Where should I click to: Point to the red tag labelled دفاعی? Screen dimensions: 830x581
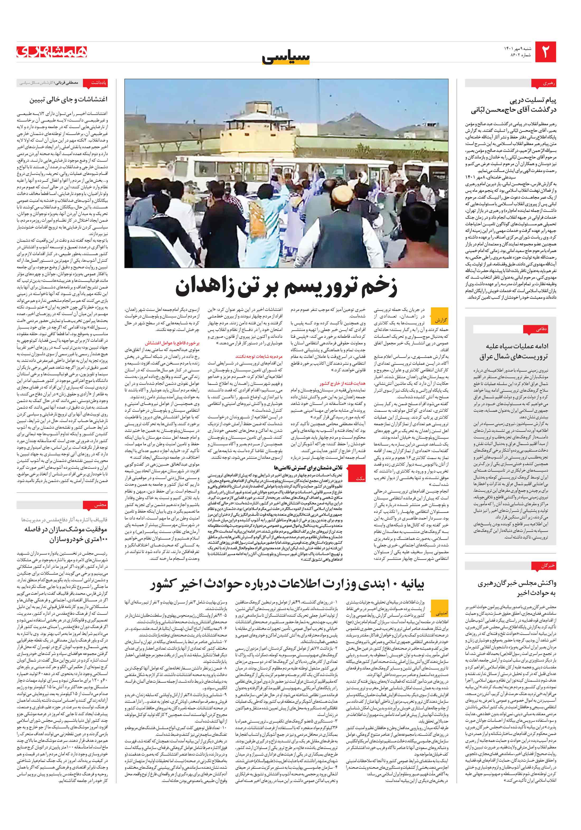(x=541, y=329)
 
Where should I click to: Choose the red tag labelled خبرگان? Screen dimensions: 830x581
(x=544, y=566)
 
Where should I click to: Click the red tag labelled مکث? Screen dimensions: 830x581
(x=360, y=478)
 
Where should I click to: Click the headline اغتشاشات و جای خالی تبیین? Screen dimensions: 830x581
(x=68, y=99)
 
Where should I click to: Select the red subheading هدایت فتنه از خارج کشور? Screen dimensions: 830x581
(x=342, y=383)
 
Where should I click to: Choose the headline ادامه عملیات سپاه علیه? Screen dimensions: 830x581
(x=517, y=346)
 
